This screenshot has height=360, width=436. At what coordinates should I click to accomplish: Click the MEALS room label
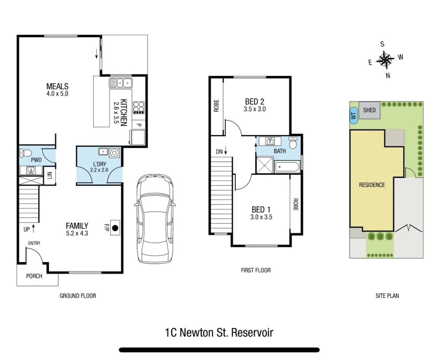[57, 86]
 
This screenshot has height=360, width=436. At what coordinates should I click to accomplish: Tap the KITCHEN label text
[123, 112]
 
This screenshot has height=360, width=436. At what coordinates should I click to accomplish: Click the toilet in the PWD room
[24, 154]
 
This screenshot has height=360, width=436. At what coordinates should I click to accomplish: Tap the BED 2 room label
[254, 102]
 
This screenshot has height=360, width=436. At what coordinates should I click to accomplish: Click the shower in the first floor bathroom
[264, 166]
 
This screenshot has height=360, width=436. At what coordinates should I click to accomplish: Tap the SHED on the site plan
[370, 110]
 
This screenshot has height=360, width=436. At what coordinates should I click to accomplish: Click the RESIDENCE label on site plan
[372, 185]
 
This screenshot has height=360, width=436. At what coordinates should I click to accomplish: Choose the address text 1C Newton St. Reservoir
[219, 332]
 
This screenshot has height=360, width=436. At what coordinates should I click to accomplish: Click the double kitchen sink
[121, 83]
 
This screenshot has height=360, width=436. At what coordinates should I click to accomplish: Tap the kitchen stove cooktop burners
[138, 107]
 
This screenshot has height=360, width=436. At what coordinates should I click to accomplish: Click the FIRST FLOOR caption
[255, 270]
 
